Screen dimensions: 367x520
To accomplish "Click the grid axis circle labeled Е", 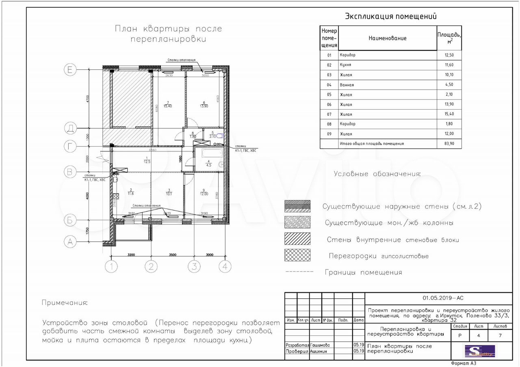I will click(70, 70).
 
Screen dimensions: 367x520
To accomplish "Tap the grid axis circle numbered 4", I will click(225, 267).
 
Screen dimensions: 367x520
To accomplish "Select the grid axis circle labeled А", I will click(70, 242).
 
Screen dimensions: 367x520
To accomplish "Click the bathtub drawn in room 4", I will click(208, 153).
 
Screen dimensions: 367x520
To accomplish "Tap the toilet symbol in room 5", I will click(220, 136).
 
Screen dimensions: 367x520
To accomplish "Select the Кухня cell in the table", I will click(346, 65).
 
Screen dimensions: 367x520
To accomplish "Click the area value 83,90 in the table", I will click(449, 144).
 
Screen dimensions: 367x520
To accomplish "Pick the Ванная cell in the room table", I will click(347, 85).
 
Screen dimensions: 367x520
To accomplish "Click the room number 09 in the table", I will click(329, 134).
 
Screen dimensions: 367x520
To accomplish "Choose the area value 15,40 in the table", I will click(449, 114).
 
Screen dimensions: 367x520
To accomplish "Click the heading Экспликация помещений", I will click(390, 17).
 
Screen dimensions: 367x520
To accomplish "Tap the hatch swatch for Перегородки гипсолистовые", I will click(297, 255).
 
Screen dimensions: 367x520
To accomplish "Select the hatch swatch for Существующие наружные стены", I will click(297, 206).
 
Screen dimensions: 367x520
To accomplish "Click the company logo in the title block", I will click(480, 351).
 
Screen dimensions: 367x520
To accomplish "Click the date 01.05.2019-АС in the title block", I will click(442, 298).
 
